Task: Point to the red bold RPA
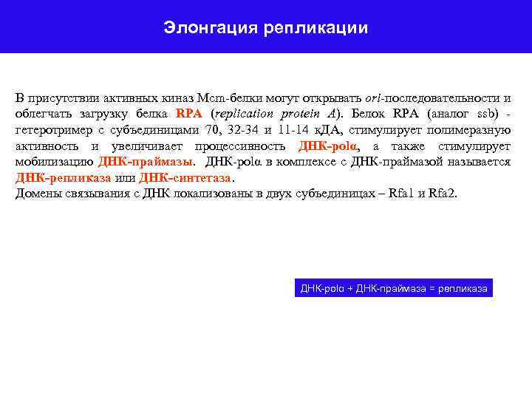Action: tap(190, 115)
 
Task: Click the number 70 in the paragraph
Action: tap(213, 131)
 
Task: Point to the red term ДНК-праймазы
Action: tap(146, 162)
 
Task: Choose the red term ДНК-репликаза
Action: tap(63, 178)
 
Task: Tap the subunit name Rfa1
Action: tap(406, 194)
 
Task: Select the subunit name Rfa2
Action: tap(443, 194)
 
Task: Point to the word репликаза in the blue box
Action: tap(463, 288)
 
